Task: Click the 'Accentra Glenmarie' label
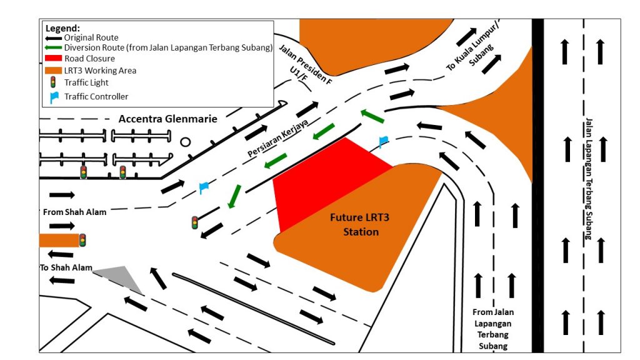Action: click(x=168, y=119)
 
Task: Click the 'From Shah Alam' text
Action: click(x=74, y=212)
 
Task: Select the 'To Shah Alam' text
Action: click(x=66, y=268)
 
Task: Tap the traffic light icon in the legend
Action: click(x=54, y=82)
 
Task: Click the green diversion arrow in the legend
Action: click(x=54, y=47)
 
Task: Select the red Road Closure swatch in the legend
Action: click(x=54, y=59)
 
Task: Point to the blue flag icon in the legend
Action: click(x=54, y=97)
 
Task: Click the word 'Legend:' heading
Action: click(x=62, y=28)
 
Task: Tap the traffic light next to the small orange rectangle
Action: click(x=82, y=240)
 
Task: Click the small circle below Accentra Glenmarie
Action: click(x=185, y=142)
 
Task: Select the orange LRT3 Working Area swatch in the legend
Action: click(x=54, y=71)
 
